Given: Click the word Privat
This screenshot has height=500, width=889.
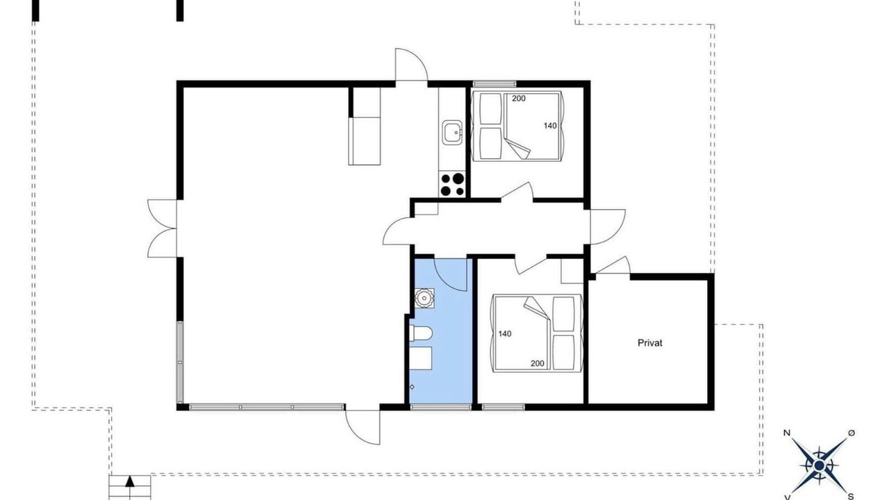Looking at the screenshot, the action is [x=649, y=343].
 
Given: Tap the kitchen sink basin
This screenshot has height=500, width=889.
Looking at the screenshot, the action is [x=452, y=132].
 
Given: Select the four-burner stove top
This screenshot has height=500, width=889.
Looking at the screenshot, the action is [x=452, y=185].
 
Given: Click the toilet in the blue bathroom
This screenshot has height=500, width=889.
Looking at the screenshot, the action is [x=420, y=333].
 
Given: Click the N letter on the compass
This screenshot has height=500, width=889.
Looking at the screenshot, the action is [x=787, y=433].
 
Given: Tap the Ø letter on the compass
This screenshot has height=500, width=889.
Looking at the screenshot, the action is [x=851, y=433].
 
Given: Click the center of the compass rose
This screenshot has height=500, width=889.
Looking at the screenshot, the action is [x=819, y=465].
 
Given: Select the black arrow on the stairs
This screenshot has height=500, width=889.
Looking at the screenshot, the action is [x=129, y=482].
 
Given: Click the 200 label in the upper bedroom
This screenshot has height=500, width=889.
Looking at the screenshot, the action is [x=518, y=99].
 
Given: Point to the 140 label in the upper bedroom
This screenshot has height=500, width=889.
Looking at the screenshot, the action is [x=550, y=126].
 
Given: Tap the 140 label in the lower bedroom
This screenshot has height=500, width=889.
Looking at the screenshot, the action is [x=505, y=334].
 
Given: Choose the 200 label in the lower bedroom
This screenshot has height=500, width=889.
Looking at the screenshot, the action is [x=538, y=363].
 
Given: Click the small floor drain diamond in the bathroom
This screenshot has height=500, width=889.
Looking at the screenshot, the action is [x=412, y=387].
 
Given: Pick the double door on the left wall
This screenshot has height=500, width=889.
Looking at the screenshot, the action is [x=162, y=228].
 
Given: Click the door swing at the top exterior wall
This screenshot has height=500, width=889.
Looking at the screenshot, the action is [x=412, y=65].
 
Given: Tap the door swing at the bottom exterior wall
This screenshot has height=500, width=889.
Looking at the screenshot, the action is [x=363, y=427].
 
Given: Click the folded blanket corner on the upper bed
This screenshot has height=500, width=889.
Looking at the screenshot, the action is [x=519, y=149].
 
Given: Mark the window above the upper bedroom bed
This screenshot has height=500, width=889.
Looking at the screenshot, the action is [x=495, y=84].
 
